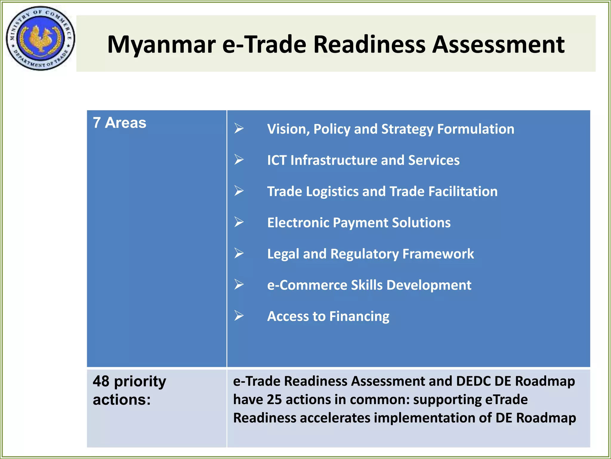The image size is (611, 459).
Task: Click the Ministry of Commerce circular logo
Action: (40, 38)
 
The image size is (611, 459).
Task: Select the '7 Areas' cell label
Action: (119, 123)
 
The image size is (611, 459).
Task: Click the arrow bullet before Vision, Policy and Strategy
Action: (239, 128)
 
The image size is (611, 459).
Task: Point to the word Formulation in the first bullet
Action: (476, 129)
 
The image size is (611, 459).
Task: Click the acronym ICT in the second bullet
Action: (277, 160)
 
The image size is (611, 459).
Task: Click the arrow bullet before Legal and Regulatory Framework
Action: (239, 253)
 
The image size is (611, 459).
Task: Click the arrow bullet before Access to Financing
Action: (239, 316)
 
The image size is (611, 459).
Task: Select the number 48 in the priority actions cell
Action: (101, 381)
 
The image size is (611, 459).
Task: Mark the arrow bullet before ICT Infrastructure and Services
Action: (239, 160)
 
